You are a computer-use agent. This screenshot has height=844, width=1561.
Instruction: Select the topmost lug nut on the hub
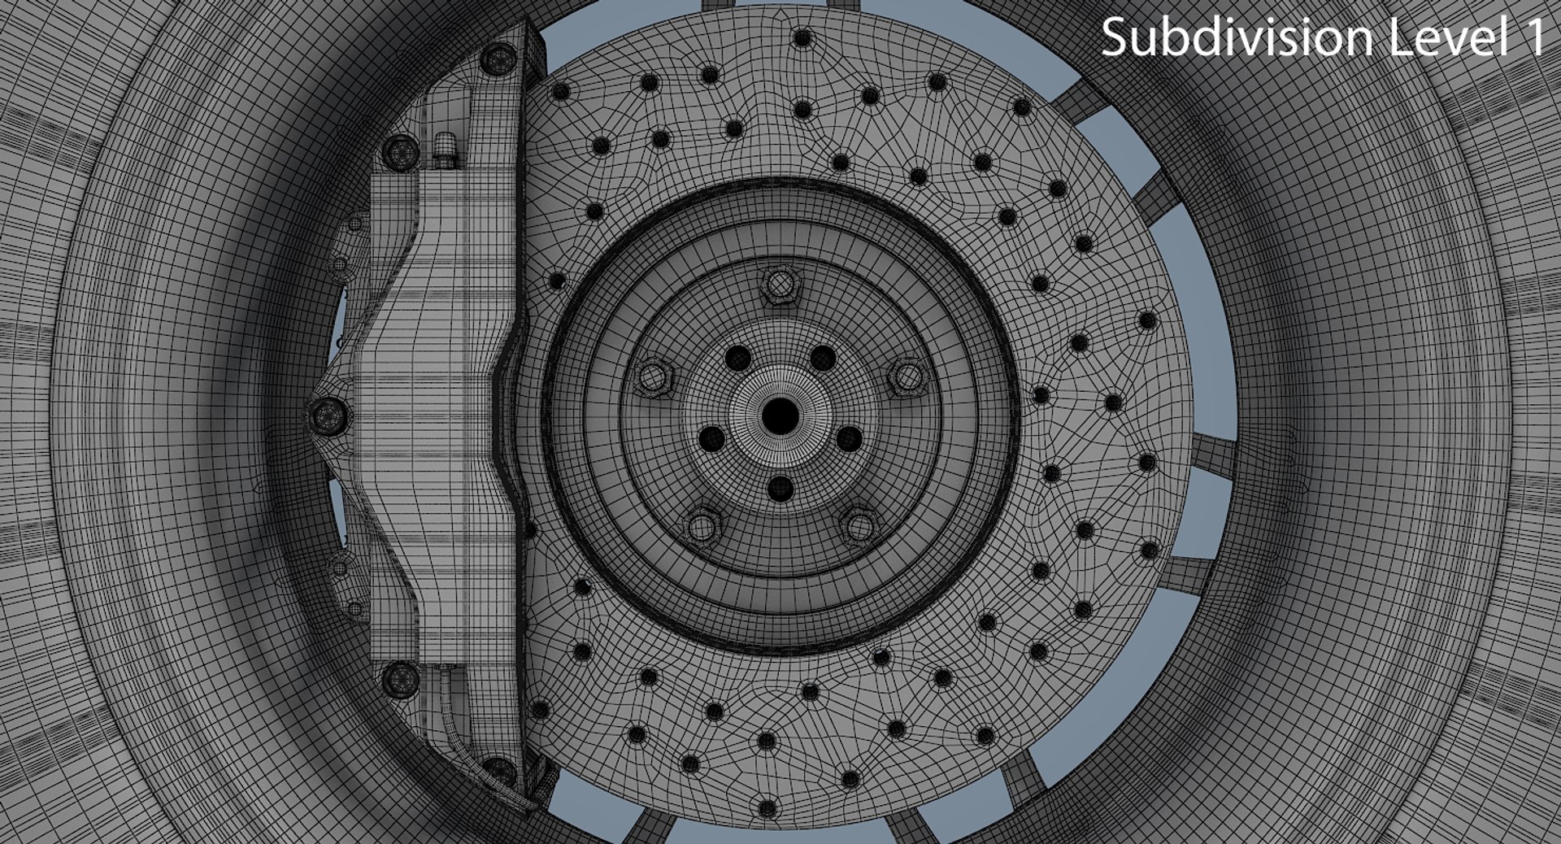point(780,285)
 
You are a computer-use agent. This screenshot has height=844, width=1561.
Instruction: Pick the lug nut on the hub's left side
point(652,377)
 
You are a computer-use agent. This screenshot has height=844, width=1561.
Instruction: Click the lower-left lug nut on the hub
point(702,524)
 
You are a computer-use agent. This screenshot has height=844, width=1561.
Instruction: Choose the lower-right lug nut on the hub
point(858,524)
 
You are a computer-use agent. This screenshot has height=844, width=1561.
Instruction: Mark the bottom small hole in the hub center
point(780,488)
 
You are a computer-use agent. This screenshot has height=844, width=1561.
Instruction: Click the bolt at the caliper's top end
point(498,58)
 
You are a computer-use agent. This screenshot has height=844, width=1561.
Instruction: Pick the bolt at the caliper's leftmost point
point(328,415)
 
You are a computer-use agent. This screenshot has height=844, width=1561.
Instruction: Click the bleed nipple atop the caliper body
point(446,151)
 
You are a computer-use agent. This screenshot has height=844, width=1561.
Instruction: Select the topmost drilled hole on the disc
point(802,37)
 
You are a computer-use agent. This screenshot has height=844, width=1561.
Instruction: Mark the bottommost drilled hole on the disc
point(767,809)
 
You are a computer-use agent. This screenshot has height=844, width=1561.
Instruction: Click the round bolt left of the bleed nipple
point(400,151)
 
